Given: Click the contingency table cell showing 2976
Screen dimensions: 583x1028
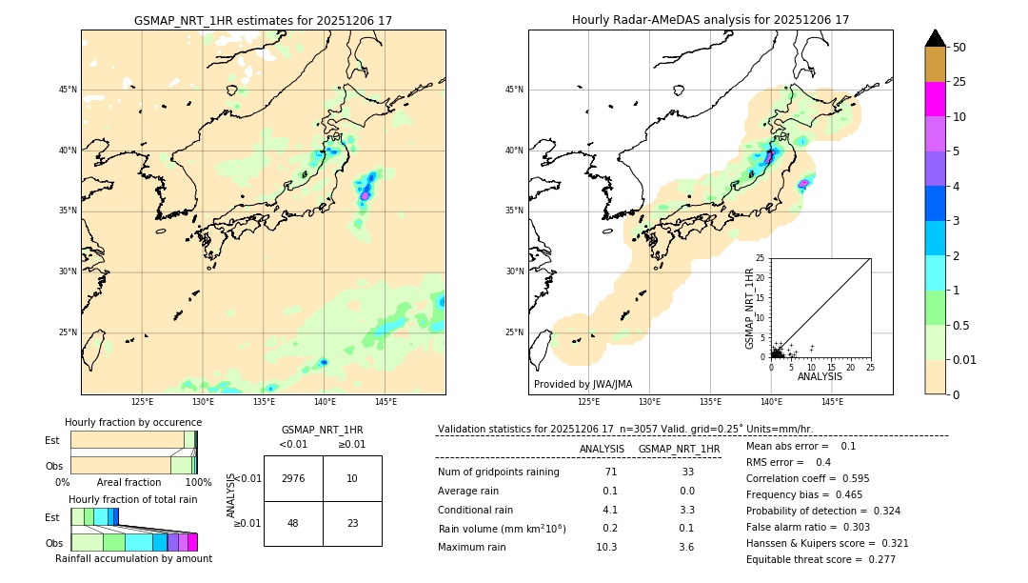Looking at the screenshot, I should [293, 478].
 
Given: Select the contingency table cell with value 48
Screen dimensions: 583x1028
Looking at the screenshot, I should [293, 523].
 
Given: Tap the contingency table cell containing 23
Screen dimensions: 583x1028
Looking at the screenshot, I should [352, 523].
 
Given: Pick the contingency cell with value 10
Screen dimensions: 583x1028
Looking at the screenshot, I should [352, 478].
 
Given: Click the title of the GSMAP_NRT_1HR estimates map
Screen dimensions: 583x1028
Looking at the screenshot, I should [263, 20].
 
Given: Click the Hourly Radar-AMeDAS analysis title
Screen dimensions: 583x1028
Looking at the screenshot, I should [710, 20].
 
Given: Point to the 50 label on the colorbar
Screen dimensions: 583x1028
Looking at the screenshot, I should [959, 48].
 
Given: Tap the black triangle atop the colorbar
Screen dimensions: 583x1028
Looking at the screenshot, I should [936, 38].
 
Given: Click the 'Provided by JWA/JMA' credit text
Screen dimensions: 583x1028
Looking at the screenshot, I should [583, 384].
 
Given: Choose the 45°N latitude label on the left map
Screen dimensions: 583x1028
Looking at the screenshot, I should [68, 90].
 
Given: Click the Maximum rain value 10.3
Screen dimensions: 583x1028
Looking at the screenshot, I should [606, 547].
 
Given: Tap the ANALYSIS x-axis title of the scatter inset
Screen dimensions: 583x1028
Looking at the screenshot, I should [820, 376].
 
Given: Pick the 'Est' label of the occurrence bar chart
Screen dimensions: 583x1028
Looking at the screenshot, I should [51, 440].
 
